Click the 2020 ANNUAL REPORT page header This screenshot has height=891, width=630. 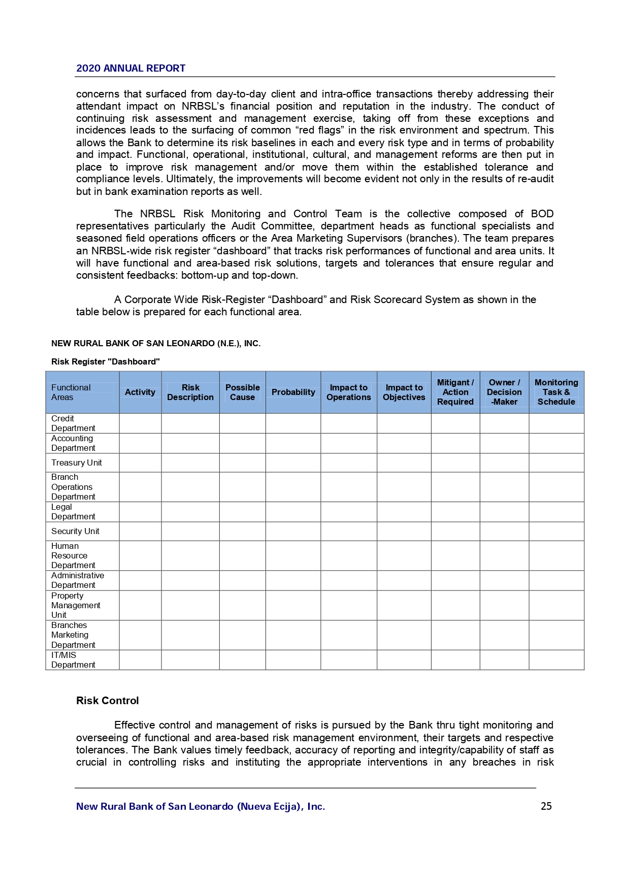point(130,69)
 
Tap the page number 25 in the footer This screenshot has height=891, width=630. point(546,806)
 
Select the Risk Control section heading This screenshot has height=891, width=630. point(107,701)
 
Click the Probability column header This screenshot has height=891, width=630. point(293,392)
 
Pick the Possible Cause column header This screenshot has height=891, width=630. point(242,392)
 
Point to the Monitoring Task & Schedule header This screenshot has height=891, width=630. point(556,392)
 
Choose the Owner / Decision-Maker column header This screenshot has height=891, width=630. point(504,392)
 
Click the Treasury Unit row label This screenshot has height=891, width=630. point(77,463)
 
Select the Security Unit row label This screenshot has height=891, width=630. point(75,531)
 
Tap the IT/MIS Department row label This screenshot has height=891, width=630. point(73,660)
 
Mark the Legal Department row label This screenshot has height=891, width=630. point(73,512)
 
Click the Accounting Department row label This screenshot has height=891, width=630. point(73,443)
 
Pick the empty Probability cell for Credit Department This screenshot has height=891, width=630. point(293,423)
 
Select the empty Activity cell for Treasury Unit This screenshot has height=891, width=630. point(140,463)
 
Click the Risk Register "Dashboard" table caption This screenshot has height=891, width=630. point(106,361)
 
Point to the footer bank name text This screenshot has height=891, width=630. point(201,806)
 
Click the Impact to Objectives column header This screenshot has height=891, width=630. point(404,392)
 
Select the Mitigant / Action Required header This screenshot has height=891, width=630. point(455,392)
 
